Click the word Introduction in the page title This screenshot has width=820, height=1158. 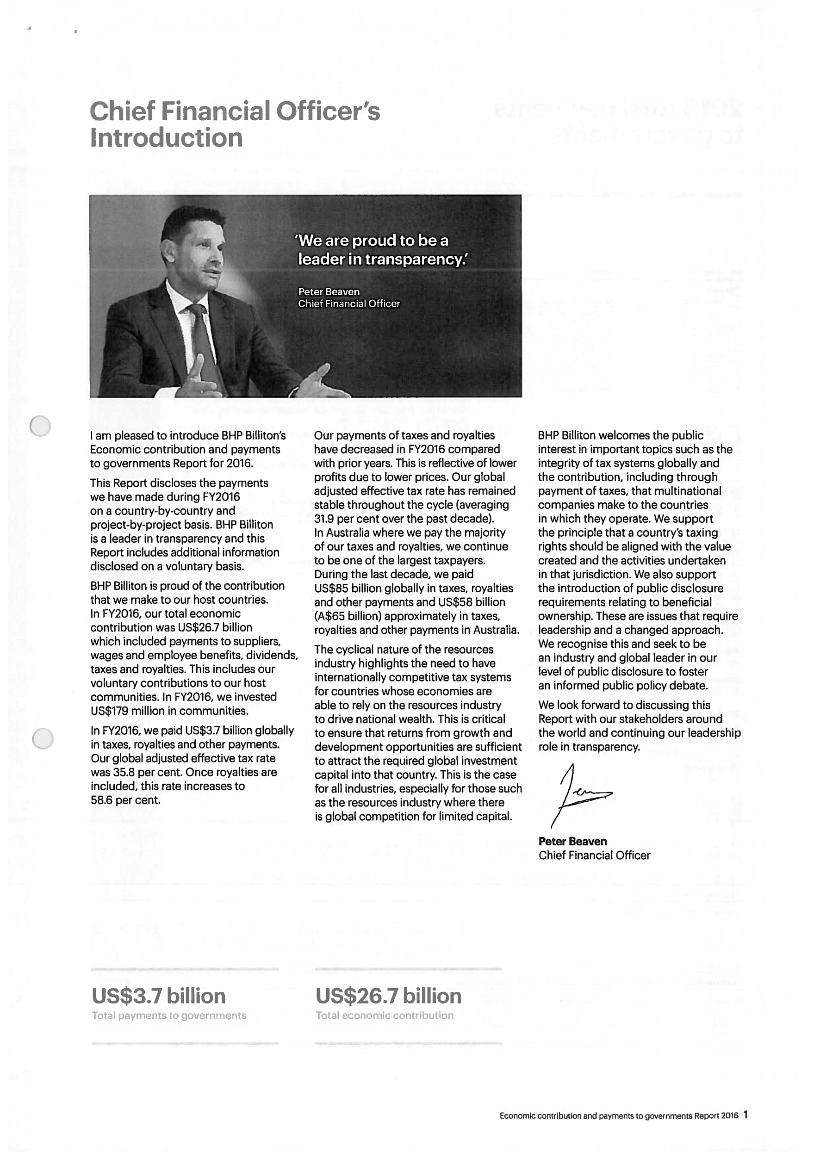167,138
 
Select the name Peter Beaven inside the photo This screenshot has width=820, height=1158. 329,292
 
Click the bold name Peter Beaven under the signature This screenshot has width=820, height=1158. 572,842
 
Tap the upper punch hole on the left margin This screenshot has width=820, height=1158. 40,426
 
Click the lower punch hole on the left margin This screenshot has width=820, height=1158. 43,738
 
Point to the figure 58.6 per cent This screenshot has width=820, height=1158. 125,800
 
